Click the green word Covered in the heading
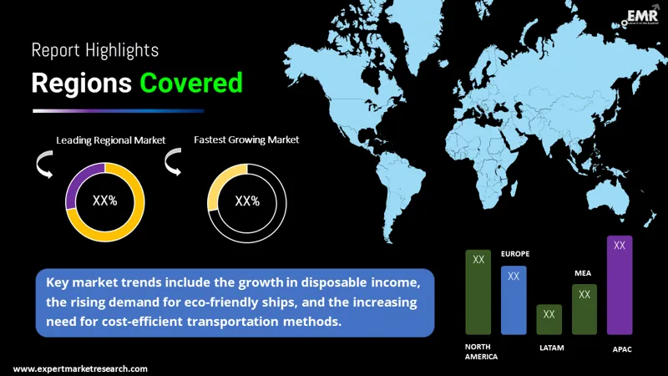click(191, 84)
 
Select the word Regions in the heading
click(82, 84)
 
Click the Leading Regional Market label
click(111, 140)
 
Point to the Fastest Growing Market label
click(246, 140)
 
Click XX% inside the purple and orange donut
click(104, 201)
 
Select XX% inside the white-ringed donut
click(247, 201)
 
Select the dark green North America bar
click(478, 292)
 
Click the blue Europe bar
click(514, 300)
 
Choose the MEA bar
click(584, 309)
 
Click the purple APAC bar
click(620, 285)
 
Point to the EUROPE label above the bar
click(514, 253)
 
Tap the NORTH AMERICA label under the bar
click(481, 351)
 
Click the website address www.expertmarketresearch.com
click(80, 368)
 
